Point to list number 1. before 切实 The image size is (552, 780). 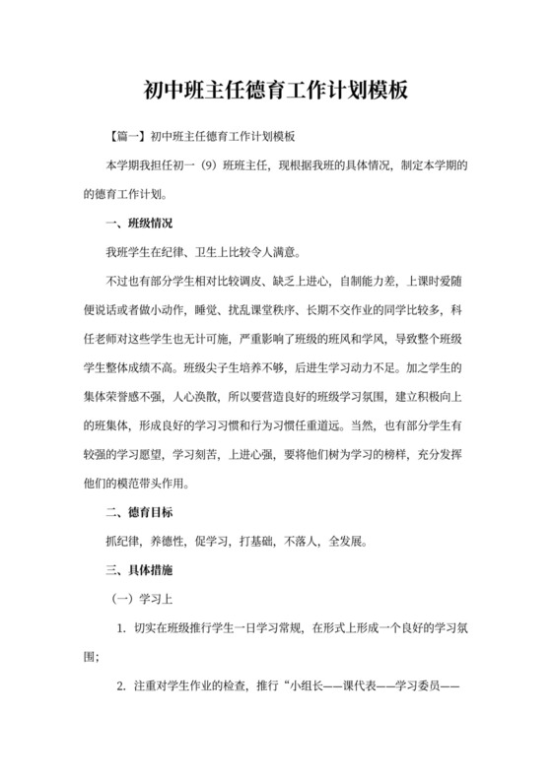120,628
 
